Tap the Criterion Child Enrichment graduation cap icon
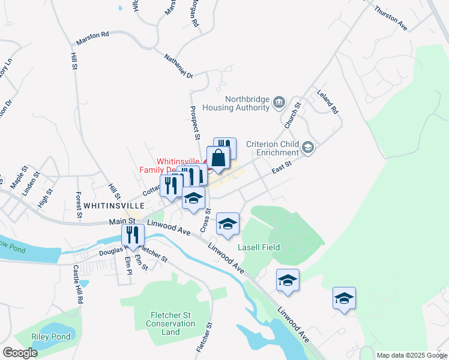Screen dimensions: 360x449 click(308, 147)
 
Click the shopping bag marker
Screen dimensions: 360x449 click(219, 158)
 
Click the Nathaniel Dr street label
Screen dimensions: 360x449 click(178, 67)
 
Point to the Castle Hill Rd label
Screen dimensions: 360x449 click(76, 284)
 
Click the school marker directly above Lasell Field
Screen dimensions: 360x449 click(228, 224)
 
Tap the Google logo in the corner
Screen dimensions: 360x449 click(20, 353)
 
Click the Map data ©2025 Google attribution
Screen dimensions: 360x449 click(412, 355)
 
